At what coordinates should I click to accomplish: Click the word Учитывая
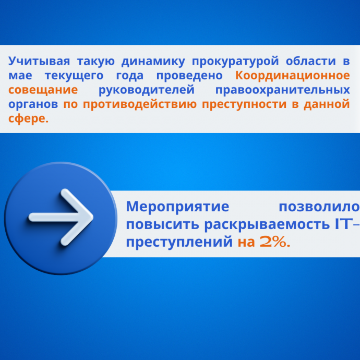pos(39,61)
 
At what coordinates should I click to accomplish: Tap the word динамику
pos(153,62)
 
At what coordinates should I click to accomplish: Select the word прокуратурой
pos(235,62)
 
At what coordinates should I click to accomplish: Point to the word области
pos(311,61)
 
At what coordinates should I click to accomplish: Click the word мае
pos(20,76)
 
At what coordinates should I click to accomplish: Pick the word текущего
pos(74,76)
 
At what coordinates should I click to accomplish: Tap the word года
pos(130,76)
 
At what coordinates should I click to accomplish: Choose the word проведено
pos(189,76)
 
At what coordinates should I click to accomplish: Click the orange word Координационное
pos(293,76)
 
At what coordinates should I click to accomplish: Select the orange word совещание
pos(43,90)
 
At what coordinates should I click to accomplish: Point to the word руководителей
pos(147,90)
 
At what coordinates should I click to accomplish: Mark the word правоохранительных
pos(283,90)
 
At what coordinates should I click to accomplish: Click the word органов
pos(33,105)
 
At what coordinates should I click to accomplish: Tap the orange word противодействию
pos(140,104)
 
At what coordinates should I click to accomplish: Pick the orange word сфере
pos(29,119)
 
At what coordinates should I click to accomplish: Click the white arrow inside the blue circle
pos(61,217)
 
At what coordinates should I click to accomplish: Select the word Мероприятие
pos(178,207)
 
